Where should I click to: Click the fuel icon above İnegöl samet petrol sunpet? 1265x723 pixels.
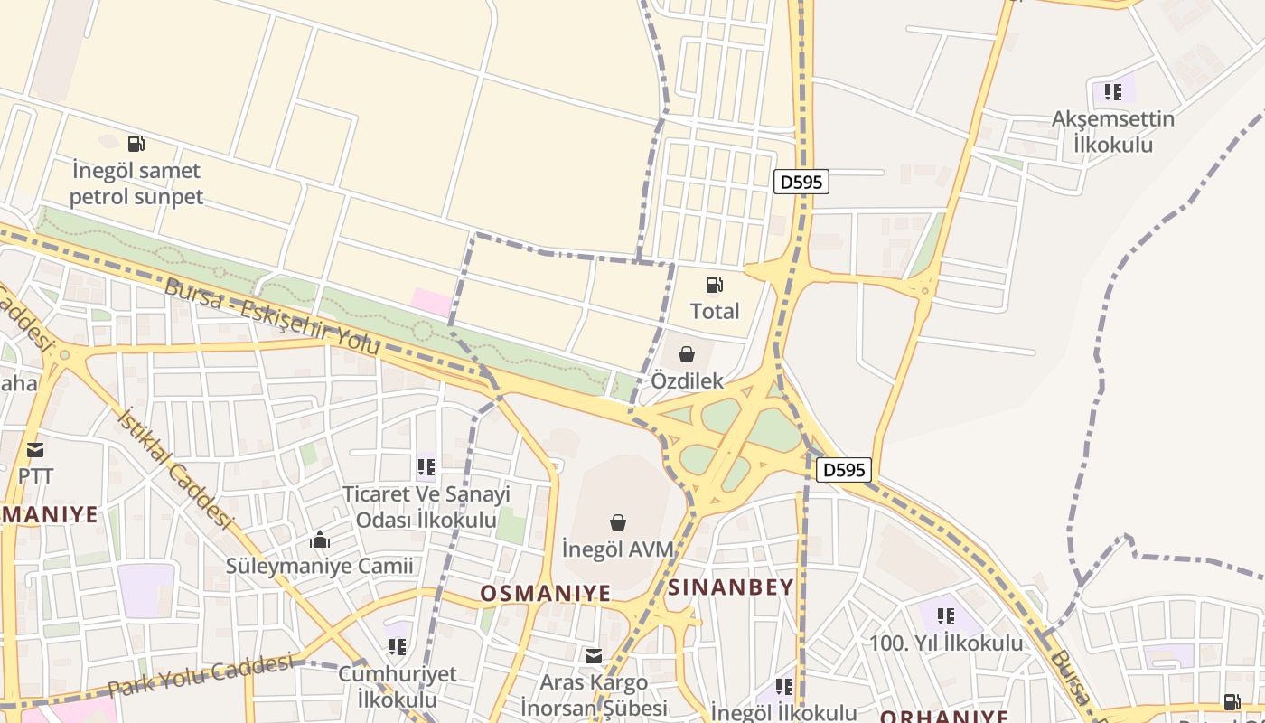[136, 143]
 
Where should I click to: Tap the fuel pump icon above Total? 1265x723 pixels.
[714, 285]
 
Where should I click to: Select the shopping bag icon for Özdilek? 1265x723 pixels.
[687, 354]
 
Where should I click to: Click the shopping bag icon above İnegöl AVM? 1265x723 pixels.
[618, 522]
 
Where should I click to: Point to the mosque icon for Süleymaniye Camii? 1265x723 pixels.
[319, 540]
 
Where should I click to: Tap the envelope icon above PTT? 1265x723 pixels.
[35, 449]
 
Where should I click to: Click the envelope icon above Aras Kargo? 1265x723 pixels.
[594, 656]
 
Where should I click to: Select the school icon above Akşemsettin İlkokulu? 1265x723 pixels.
[1113, 91]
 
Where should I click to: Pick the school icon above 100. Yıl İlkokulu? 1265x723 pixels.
[946, 616]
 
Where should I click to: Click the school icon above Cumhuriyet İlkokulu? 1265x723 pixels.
[397, 646]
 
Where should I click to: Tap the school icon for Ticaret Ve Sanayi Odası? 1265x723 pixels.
[426, 467]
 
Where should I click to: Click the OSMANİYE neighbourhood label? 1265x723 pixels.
[545, 593]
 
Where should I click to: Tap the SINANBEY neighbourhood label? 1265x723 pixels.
[731, 587]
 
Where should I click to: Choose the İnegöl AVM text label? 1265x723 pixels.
[618, 549]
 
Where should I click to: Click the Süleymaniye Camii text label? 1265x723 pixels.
[319, 567]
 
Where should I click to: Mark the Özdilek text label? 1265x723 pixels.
[688, 380]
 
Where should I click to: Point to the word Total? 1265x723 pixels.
[715, 311]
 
